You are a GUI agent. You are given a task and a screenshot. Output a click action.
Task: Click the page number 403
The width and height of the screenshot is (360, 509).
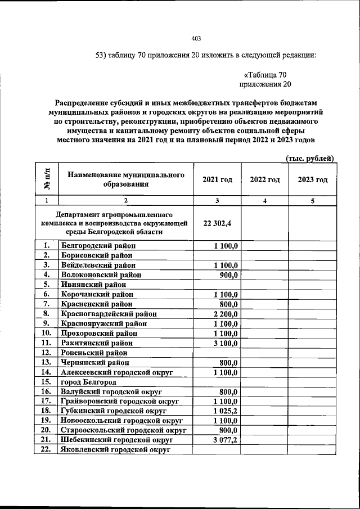[196, 39]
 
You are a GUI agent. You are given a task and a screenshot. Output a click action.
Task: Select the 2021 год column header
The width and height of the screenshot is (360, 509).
[217, 179]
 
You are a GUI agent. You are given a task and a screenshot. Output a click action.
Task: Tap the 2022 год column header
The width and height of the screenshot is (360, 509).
[264, 179]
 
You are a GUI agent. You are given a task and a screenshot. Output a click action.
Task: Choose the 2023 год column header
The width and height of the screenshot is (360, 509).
[312, 179]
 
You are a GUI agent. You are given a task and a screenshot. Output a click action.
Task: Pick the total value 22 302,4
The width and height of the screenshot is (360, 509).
[217, 223]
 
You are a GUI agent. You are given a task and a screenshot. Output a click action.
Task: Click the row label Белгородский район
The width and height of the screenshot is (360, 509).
[98, 246]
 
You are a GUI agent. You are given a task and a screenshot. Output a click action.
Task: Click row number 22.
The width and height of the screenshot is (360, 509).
[46, 449]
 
